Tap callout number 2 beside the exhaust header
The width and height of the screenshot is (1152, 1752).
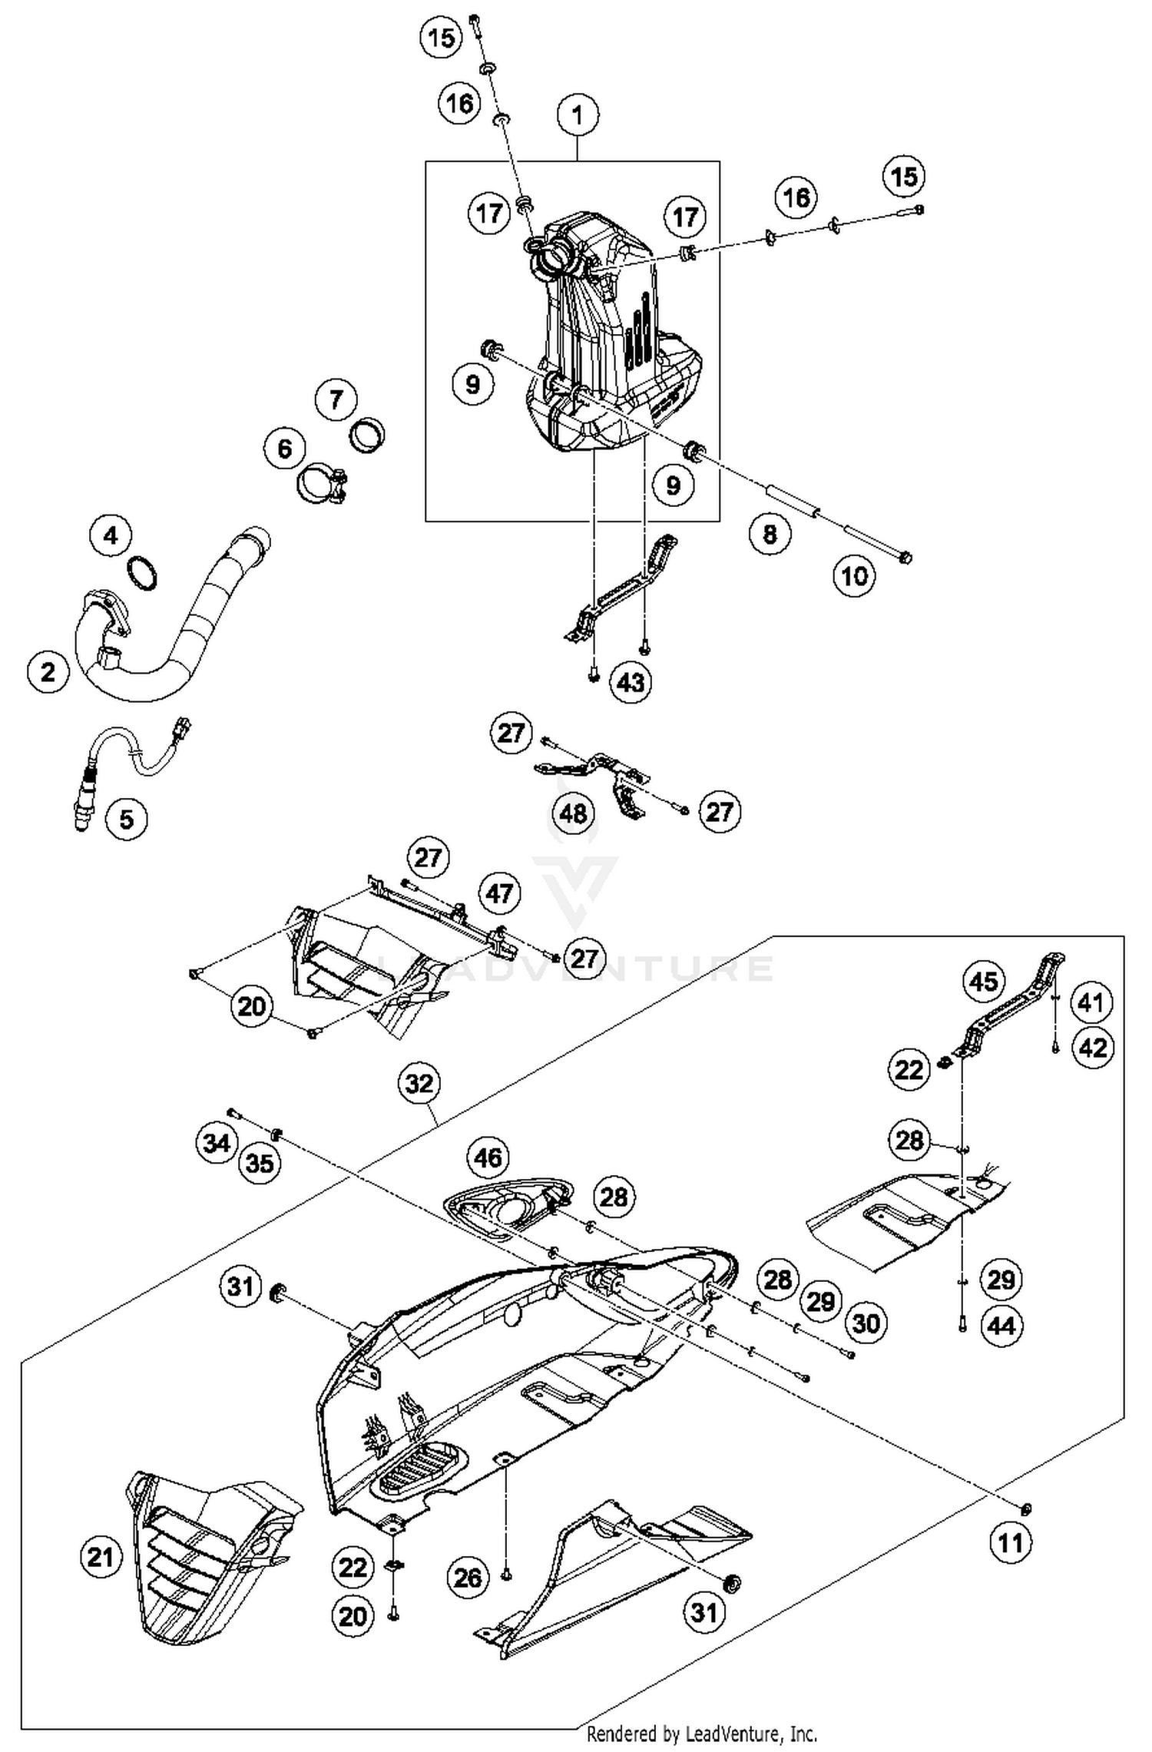[48, 672]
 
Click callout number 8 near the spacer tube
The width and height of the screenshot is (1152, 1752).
[770, 534]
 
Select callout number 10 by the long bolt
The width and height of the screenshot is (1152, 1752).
[855, 575]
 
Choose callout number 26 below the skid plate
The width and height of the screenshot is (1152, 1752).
[468, 1578]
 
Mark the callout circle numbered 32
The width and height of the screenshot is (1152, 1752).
[419, 1084]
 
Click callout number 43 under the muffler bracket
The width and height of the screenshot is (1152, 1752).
[631, 681]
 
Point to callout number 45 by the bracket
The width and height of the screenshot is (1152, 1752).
[985, 981]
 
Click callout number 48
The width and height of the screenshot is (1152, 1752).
[574, 813]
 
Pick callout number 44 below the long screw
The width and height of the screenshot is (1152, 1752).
[1001, 1325]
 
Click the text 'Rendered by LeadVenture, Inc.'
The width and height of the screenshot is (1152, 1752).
[701, 1734]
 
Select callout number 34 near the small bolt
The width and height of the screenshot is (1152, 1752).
[217, 1144]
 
